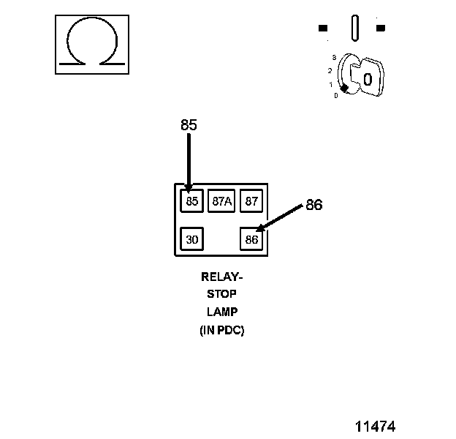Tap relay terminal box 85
pyautogui.click(x=191, y=201)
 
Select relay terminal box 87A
pyautogui.click(x=221, y=201)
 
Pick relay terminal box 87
pyautogui.click(x=251, y=201)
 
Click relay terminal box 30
pyautogui.click(x=191, y=239)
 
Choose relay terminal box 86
pyautogui.click(x=251, y=239)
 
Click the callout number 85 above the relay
pyautogui.click(x=189, y=125)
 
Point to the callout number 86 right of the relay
pyautogui.click(x=313, y=206)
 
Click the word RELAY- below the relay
pyautogui.click(x=221, y=277)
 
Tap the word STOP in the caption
pyautogui.click(x=221, y=295)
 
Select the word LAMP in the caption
pyautogui.click(x=221, y=312)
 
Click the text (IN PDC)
pyautogui.click(x=221, y=330)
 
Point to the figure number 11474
pyautogui.click(x=376, y=426)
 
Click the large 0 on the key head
pyautogui.click(x=368, y=78)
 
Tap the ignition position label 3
pyautogui.click(x=333, y=56)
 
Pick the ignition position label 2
pyautogui.click(x=330, y=70)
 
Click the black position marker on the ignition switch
pyautogui.click(x=344, y=88)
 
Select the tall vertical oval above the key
pyautogui.click(x=355, y=29)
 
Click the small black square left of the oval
pyautogui.click(x=323, y=29)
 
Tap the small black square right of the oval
pyautogui.click(x=380, y=29)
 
